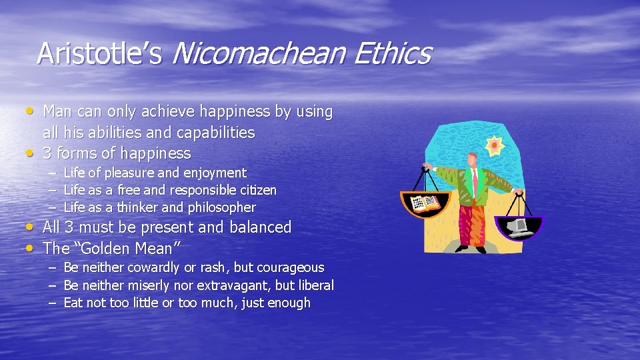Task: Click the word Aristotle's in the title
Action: coord(99,53)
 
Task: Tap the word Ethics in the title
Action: coord(393,53)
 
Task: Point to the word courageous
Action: coord(289,268)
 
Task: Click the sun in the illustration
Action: coord(495,145)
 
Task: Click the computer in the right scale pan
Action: coord(519,227)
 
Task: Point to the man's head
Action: coord(472,159)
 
